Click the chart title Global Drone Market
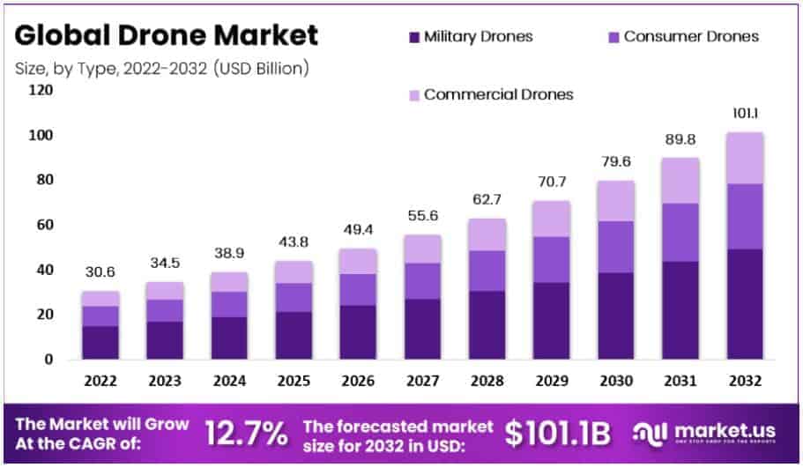point(167,35)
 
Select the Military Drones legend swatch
point(413,37)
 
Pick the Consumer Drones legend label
point(691,37)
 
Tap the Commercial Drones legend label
point(498,94)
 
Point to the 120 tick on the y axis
point(41,91)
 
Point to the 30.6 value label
point(100,272)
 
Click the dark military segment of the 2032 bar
point(745,304)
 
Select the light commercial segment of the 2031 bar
point(680,181)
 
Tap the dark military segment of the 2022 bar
point(100,342)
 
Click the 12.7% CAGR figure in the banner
point(247,432)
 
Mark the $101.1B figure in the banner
point(559,432)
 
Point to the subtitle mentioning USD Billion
point(162,68)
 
